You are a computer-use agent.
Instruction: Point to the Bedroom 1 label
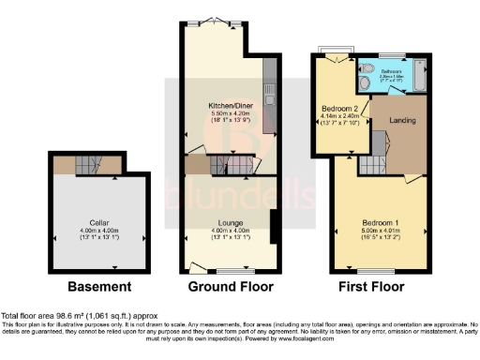coord(381,222)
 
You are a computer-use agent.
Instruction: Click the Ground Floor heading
coord(231,286)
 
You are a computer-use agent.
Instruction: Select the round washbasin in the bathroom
coord(365,82)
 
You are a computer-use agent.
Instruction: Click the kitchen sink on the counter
coord(268,99)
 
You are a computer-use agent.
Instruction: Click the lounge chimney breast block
coord(273,227)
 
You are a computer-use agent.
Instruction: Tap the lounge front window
coord(225,271)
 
